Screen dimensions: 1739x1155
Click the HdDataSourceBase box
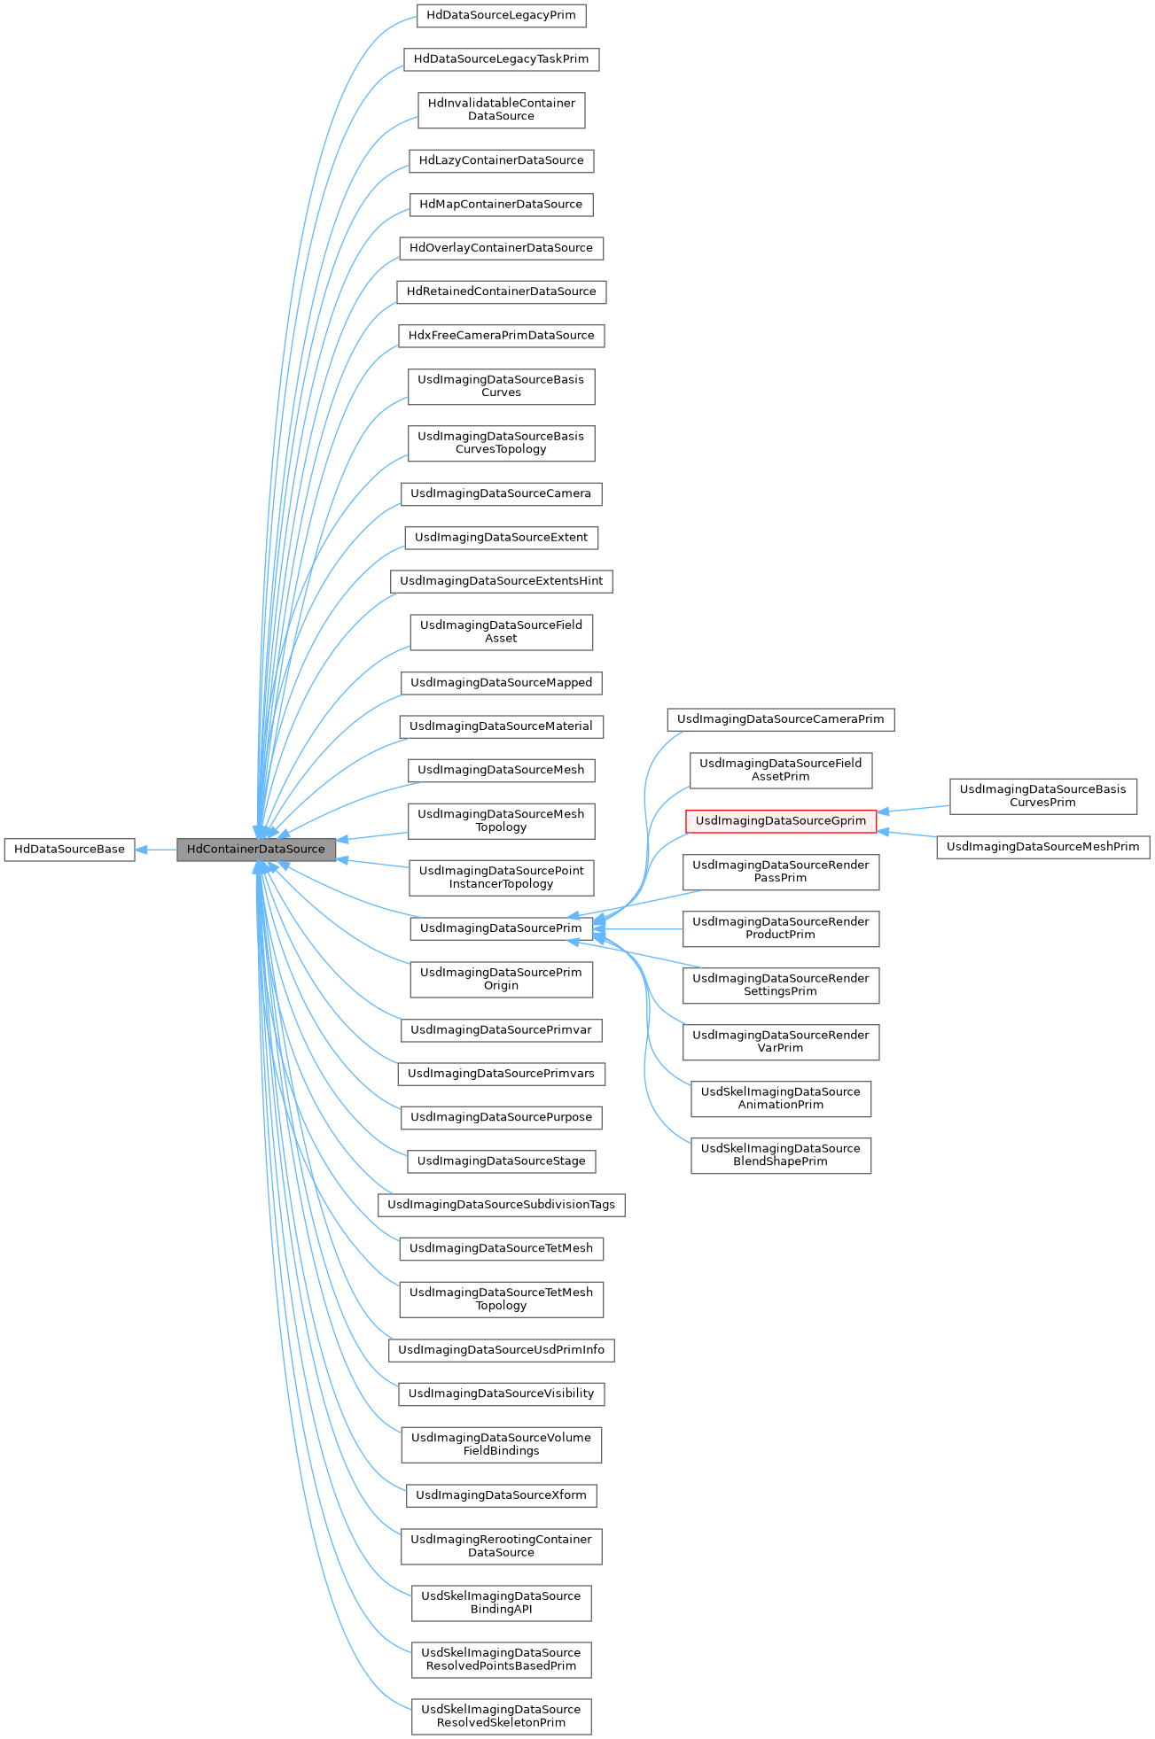coord(69,849)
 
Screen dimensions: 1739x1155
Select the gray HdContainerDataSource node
coord(255,849)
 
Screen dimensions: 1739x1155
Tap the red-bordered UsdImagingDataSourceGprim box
coord(780,821)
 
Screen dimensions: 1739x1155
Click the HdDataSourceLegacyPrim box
coord(501,15)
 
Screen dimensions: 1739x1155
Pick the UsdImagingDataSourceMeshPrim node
coord(1042,847)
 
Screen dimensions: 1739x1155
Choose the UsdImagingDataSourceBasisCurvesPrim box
coord(1042,796)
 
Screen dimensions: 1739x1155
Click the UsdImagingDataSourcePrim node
coord(501,928)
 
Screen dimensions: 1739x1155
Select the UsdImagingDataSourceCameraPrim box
coord(780,719)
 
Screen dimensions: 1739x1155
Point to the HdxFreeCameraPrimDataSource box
coord(501,336)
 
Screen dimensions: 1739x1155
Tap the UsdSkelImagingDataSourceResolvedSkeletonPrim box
coord(501,1716)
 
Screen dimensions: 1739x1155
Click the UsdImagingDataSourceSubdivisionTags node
coord(501,1205)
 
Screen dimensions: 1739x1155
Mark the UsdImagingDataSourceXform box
coord(501,1495)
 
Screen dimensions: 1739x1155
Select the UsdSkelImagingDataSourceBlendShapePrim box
coord(780,1155)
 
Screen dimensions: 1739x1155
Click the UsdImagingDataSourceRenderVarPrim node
coord(780,1042)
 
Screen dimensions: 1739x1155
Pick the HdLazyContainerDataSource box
coord(501,160)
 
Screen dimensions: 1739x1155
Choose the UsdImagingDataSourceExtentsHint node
coord(501,581)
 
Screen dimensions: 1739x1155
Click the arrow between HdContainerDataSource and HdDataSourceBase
coord(156,849)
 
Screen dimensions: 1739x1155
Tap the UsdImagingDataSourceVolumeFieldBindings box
coord(501,1444)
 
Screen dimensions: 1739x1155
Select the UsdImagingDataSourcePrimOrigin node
coord(501,979)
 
